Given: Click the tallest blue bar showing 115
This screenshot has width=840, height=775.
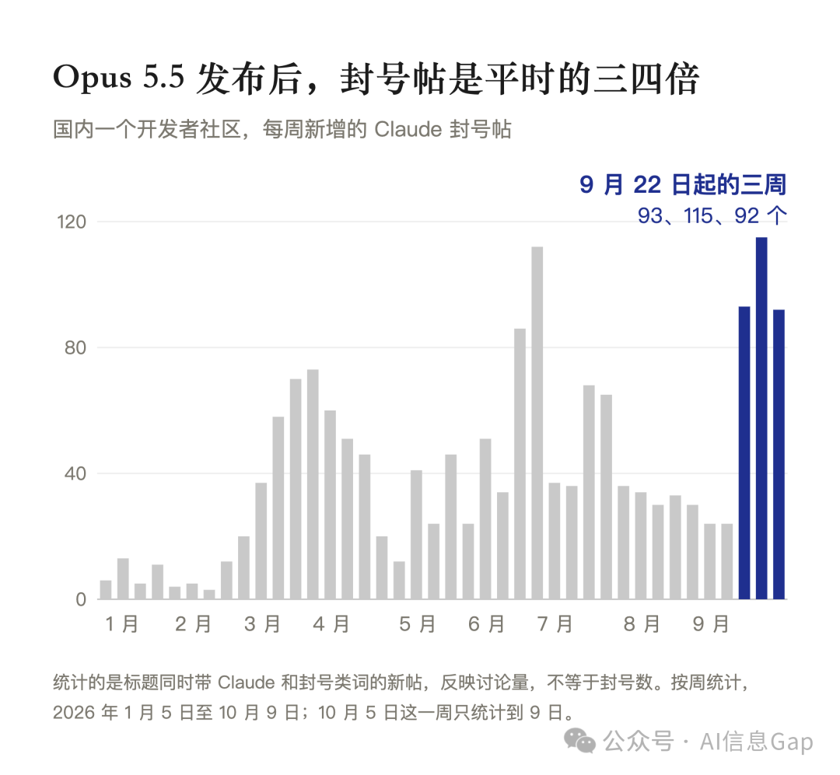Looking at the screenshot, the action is click(761, 418).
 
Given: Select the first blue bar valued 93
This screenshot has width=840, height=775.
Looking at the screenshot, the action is click(744, 452).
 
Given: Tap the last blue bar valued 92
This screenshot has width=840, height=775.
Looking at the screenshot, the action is click(779, 454).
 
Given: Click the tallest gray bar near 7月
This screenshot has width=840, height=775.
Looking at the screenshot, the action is click(537, 423).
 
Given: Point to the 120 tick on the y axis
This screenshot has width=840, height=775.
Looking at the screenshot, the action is click(72, 222).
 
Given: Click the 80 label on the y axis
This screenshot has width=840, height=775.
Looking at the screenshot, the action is click(75, 347).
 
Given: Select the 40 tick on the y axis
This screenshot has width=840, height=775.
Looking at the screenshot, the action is click(75, 473).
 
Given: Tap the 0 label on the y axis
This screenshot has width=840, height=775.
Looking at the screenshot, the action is click(81, 599).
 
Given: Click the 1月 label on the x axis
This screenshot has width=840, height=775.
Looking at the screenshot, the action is click(122, 624).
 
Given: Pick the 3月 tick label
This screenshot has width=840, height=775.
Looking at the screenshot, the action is click(262, 624).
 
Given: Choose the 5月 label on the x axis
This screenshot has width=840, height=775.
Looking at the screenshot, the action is click(417, 624).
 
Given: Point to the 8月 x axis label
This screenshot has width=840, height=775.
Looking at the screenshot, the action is click(641, 624).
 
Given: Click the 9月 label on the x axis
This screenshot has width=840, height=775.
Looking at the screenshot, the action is click(710, 624).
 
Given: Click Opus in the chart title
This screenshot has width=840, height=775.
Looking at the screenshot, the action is click(92, 79).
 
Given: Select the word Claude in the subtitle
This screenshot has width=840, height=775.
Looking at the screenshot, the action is click(408, 129).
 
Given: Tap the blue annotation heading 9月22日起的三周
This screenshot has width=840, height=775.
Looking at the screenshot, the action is click(683, 185).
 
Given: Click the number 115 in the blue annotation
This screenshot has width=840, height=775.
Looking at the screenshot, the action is click(698, 216).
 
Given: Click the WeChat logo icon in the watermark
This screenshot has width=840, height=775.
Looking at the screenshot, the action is click(579, 741).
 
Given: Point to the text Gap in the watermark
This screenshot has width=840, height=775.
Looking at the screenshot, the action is click(793, 742).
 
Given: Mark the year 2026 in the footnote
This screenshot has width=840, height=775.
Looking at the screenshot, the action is click(74, 712).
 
